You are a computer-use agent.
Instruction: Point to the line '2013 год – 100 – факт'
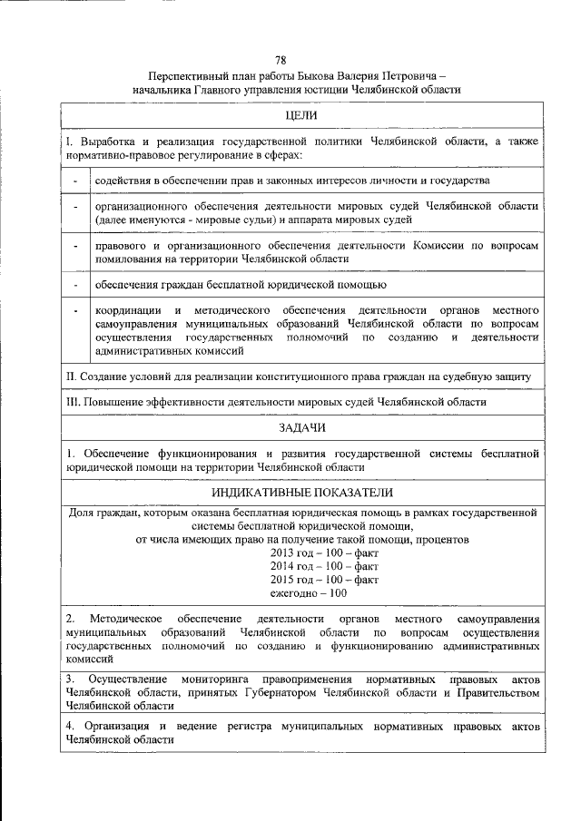point(324,552)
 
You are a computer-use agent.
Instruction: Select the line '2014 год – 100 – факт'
point(324,565)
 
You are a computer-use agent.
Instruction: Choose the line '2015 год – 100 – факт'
point(324,579)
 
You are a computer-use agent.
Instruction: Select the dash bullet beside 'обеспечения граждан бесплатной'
point(75,286)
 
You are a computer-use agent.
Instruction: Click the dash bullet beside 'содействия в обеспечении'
point(75,181)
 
